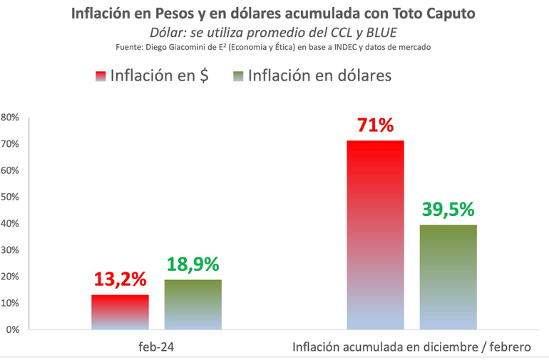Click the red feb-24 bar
[120, 312]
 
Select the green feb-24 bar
[193, 304]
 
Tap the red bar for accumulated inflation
[375, 235]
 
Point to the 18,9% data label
[193, 265]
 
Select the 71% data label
[376, 125]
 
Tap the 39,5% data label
[448, 210]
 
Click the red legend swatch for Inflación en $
[99, 76]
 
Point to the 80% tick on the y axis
[10, 118]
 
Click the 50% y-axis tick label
[10, 197]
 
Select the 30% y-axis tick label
[10, 250]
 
